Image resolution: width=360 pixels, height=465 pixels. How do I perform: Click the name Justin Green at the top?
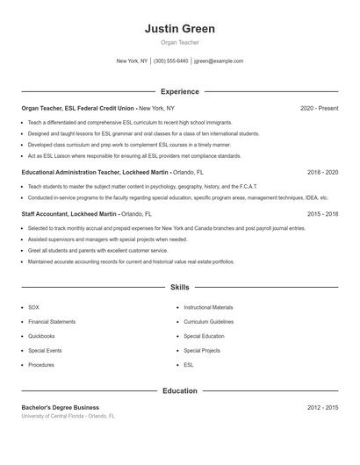179,29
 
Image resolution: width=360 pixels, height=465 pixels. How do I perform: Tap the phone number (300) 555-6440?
170,61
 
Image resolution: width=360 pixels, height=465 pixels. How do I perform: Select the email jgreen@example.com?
219,61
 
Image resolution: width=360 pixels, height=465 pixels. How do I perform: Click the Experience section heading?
179,91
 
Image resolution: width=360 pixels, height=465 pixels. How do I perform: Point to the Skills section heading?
179,287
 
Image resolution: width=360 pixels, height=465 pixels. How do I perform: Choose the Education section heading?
179,390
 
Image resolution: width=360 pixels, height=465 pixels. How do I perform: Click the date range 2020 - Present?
319,108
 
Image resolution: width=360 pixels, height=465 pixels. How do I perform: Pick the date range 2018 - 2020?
322,173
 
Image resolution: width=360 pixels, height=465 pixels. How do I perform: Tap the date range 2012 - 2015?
322,407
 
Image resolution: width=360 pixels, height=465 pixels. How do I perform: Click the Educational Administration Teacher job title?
71,173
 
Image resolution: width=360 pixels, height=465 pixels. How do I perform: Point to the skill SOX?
33,308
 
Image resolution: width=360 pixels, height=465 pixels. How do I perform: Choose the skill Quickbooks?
41,336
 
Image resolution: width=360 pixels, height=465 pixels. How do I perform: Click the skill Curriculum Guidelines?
208,322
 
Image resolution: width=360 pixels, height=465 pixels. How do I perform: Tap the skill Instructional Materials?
208,308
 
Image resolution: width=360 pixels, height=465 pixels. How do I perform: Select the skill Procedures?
41,364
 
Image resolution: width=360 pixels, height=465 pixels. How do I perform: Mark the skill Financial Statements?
52,322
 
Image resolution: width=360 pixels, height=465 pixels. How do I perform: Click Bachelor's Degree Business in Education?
61,407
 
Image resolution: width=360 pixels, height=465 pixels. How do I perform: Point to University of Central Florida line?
68,416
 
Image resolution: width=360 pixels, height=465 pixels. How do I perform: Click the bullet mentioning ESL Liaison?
134,155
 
